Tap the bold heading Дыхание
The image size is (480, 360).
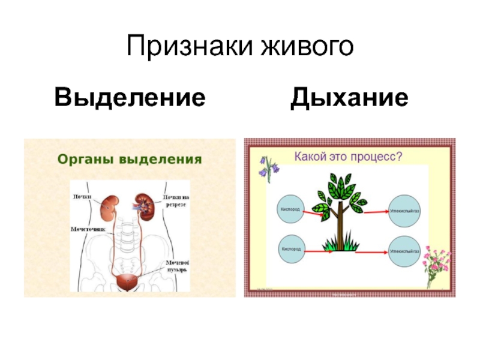pyautogui.click(x=350, y=97)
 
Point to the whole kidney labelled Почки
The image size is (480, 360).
pyautogui.click(x=109, y=206)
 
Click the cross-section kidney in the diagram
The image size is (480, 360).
pyautogui.click(x=143, y=204)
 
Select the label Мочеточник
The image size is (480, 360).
pyautogui.click(x=88, y=229)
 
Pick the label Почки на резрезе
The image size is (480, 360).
pyautogui.click(x=175, y=200)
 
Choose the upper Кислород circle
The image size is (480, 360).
pyautogui.click(x=292, y=209)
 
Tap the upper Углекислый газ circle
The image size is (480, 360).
pyautogui.click(x=404, y=209)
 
